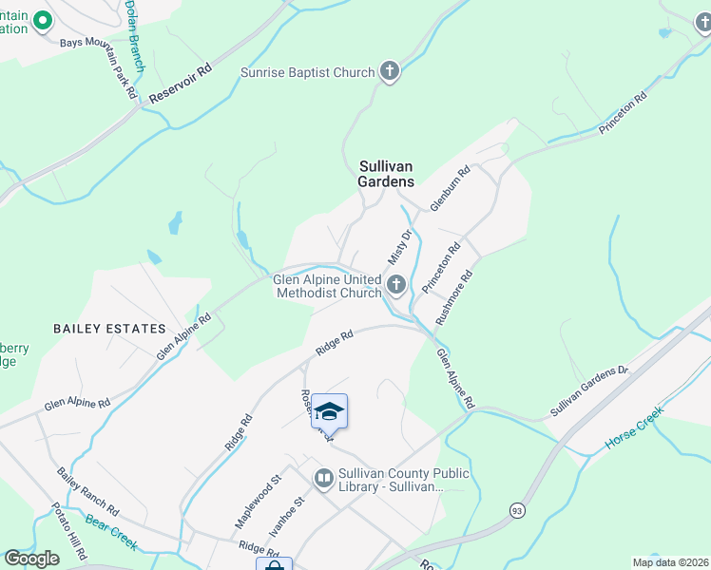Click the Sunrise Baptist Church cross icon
pos(390,71)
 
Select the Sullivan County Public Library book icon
pos(324,479)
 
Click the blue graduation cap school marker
pos(329,411)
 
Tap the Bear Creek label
pos(111,533)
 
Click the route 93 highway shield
pos(516,510)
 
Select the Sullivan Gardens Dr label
pos(589,391)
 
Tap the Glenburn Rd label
pos(451,190)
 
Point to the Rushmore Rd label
pos(454,298)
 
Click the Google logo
pos(31,559)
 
